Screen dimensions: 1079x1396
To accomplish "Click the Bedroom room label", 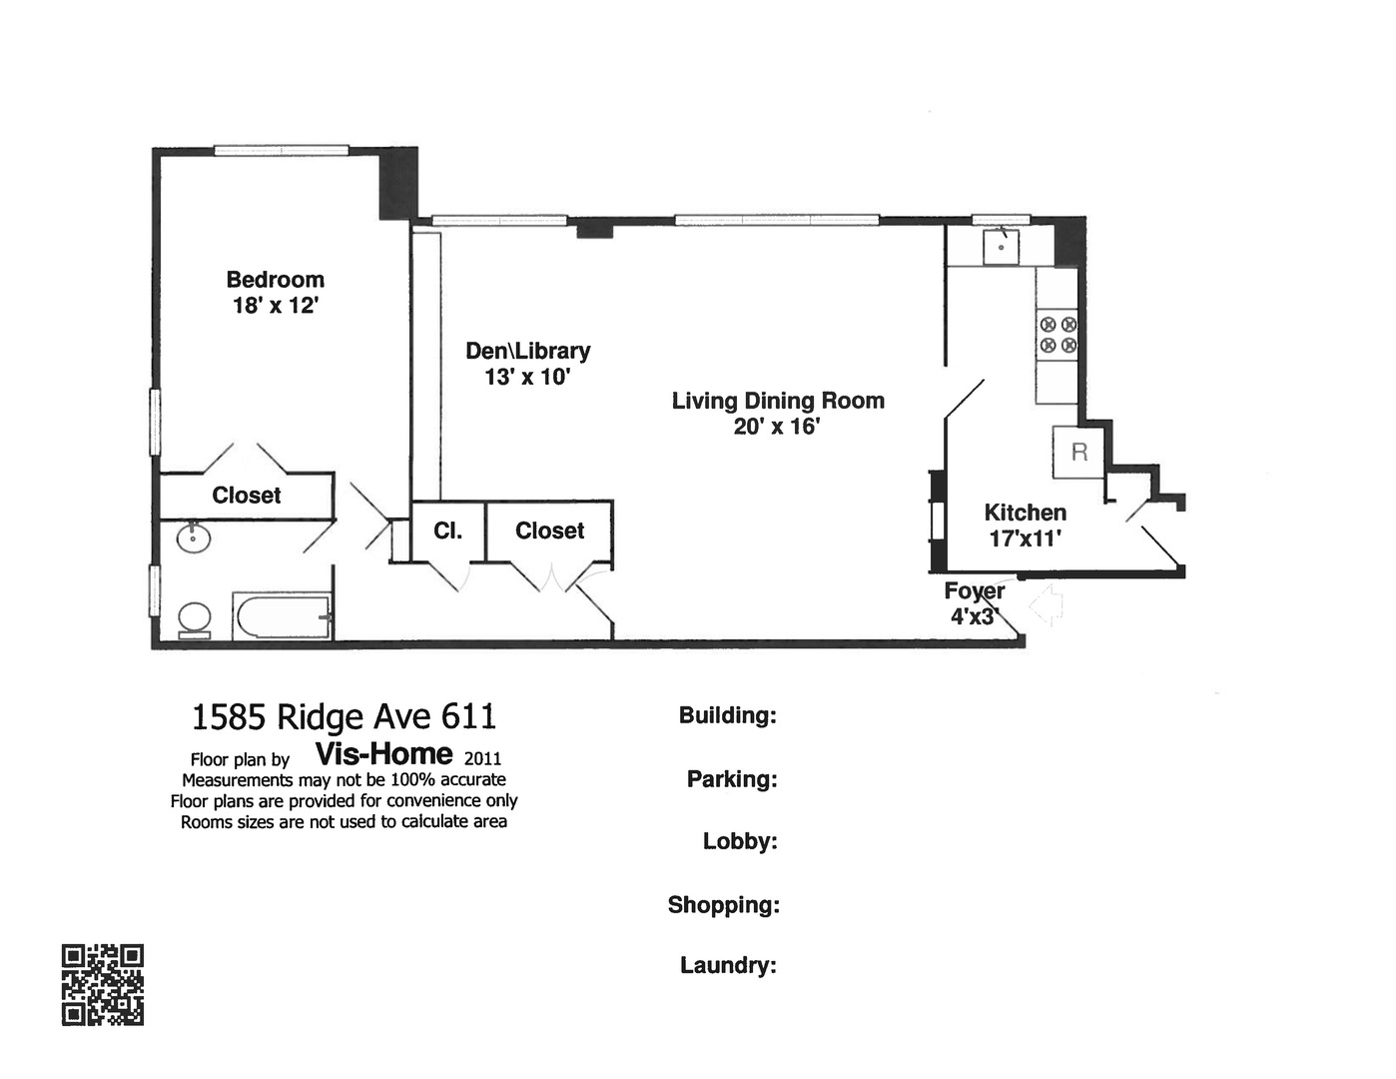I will [x=275, y=280].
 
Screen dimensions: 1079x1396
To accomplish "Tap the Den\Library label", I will [x=527, y=351].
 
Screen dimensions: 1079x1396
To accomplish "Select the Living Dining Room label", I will [x=778, y=401].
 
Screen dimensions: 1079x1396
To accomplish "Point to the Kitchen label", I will [x=1025, y=513].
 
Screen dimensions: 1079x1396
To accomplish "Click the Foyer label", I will [x=974, y=591].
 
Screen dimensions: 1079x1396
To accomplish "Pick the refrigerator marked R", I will [x=1078, y=452].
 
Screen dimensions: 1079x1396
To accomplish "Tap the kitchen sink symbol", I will [x=1001, y=246].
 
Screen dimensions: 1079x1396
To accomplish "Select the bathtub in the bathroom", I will [x=283, y=616].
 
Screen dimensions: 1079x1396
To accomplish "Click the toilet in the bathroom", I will [x=194, y=619].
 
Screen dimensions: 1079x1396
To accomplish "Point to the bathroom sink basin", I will [x=193, y=538].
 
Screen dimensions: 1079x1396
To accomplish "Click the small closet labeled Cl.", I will [x=447, y=532].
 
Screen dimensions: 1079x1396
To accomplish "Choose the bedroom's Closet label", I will [x=246, y=496].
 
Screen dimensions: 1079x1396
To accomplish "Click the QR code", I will [x=103, y=984].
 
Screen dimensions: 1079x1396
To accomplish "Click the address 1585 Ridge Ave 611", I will [x=344, y=716].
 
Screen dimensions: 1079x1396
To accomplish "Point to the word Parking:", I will [x=731, y=779].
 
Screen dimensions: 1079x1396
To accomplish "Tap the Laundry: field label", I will [x=728, y=965].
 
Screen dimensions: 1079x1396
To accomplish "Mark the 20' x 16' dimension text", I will [x=776, y=427].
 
